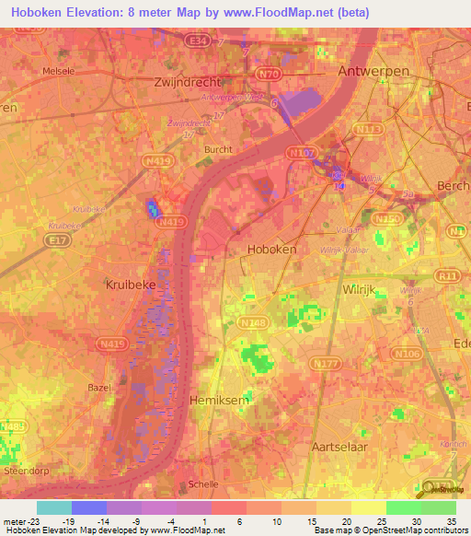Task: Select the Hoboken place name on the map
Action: [x=271, y=250]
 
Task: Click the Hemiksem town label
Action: [x=218, y=401]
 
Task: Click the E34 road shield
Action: [x=195, y=41]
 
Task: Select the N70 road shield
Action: [x=269, y=73]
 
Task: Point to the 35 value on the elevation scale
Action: [x=452, y=522]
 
